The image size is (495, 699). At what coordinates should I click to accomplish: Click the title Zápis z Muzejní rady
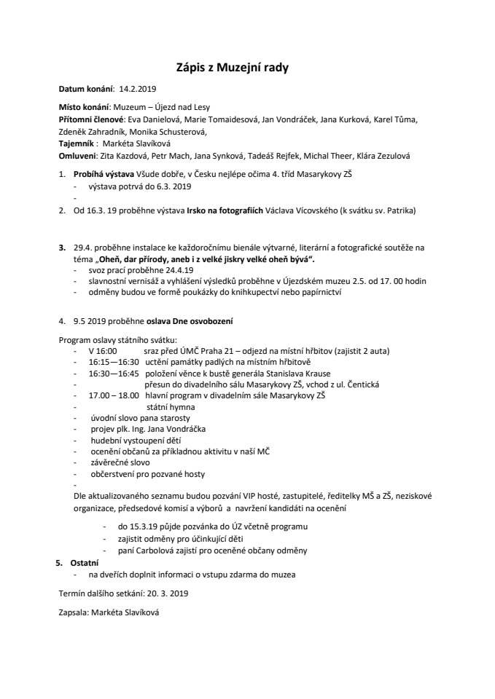tap(233, 68)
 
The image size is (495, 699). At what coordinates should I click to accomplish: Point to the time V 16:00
tap(103, 350)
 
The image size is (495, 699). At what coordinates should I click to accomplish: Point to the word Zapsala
tap(74, 613)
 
